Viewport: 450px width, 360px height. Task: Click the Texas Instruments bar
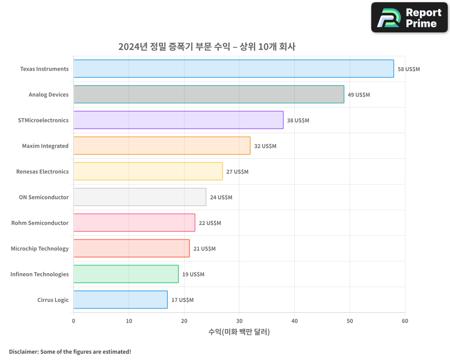tap(234, 69)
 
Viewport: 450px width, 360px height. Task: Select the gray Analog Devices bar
tap(209, 94)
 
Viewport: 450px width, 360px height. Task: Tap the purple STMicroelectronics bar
tap(178, 120)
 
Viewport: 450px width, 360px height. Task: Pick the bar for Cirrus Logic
tap(120, 300)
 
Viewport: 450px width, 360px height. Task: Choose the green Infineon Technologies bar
tap(126, 274)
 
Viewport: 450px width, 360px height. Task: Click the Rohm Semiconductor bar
tap(134, 223)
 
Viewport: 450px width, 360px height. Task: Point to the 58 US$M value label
tap(409, 69)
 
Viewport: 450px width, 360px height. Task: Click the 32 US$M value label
tap(265, 146)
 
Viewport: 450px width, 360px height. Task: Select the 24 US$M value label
tap(221, 198)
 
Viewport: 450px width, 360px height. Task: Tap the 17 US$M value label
tap(182, 300)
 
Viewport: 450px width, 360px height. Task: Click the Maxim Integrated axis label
tap(45, 146)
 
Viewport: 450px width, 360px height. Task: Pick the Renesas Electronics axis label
tap(42, 171)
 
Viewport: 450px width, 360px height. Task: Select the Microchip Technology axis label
tap(40, 248)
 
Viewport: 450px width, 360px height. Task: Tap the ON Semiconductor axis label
tap(44, 197)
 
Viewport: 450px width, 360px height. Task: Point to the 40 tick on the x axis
tap(294, 321)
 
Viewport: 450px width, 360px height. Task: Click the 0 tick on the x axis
tap(73, 321)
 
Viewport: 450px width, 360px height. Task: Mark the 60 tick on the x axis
tap(405, 321)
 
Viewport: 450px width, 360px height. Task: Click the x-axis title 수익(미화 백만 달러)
tap(239, 332)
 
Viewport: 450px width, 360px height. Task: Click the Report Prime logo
tap(409, 18)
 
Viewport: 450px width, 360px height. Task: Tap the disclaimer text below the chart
tap(70, 351)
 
